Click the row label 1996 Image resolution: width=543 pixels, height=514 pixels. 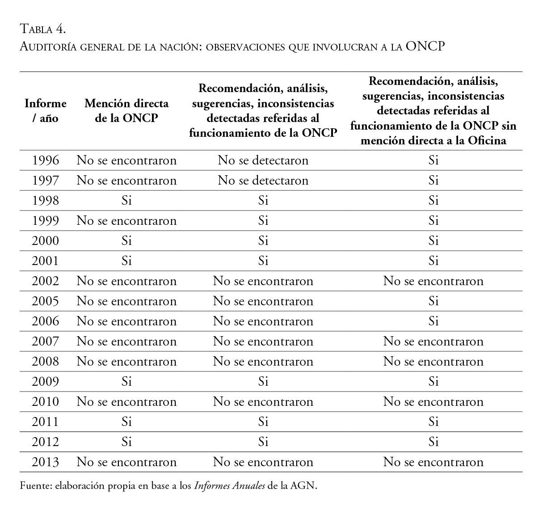[45, 160]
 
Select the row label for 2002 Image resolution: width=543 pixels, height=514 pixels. [45, 281]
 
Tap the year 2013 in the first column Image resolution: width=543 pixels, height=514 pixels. [45, 462]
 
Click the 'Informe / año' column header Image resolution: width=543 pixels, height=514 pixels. [45, 111]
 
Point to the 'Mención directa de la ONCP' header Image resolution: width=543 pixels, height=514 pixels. [126, 111]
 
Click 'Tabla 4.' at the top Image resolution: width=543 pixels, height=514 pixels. [43, 29]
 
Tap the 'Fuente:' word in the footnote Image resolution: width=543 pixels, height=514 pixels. [35, 486]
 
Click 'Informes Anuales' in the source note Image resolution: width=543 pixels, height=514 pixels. [229, 486]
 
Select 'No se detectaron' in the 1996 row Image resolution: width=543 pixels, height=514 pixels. [263, 160]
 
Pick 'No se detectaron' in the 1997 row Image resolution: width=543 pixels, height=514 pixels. [263, 181]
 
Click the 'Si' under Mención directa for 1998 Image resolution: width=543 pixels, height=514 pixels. [126, 201]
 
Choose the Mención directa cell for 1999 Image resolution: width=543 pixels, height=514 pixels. [126, 221]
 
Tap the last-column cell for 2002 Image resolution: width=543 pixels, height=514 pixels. [433, 281]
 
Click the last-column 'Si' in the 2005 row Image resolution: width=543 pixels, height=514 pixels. [433, 301]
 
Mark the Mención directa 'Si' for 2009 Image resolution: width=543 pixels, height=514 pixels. [126, 382]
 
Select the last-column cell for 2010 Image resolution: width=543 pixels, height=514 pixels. [433, 402]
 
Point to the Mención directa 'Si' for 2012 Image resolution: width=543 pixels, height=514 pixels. [126, 442]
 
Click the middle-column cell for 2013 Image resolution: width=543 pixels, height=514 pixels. [263, 462]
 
